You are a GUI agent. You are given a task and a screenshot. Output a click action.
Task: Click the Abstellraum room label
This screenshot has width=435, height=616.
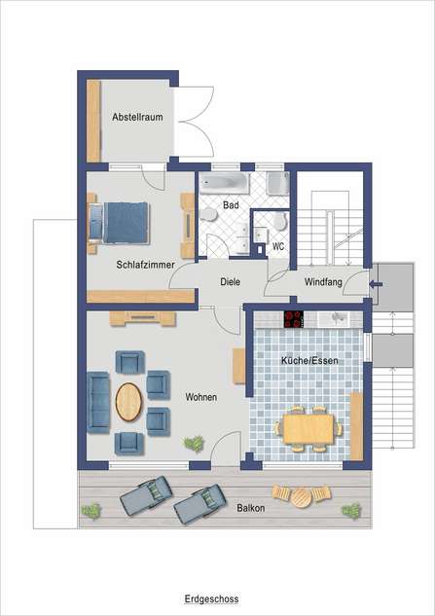[x=137, y=117]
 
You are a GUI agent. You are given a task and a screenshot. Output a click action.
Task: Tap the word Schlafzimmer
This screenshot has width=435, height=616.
[x=145, y=265]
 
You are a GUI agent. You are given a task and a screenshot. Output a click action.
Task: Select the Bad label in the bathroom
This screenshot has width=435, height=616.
[x=231, y=204]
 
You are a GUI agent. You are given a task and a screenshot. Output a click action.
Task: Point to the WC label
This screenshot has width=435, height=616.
[x=278, y=246]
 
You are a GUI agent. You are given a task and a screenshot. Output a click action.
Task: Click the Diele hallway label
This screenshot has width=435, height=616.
[x=230, y=281]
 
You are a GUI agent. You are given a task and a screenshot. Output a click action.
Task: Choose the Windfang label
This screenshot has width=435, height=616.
[x=323, y=281]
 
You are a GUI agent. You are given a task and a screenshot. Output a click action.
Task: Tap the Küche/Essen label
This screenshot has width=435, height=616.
[x=309, y=360]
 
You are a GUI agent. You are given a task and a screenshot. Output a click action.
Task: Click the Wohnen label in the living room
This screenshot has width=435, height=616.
[x=200, y=397]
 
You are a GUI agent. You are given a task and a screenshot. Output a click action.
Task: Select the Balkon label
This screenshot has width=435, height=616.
[x=250, y=508]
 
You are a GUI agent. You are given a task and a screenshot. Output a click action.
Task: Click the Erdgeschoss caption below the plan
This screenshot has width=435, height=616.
[x=211, y=599]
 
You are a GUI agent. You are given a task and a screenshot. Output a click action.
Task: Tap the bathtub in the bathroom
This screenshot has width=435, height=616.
[x=224, y=184]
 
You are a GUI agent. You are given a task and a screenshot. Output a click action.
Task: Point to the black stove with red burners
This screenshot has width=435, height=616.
[x=294, y=319]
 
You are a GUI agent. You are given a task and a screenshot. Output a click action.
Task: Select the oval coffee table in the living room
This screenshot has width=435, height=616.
[x=128, y=402]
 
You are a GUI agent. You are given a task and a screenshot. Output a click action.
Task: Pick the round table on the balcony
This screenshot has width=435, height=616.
[x=302, y=497]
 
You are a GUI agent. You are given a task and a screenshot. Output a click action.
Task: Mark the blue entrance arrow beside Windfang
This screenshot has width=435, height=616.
[x=376, y=284]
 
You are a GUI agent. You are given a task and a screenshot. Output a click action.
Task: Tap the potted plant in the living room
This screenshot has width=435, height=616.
[x=194, y=444]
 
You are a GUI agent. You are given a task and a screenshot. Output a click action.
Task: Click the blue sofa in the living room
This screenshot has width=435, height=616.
[x=98, y=402]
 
